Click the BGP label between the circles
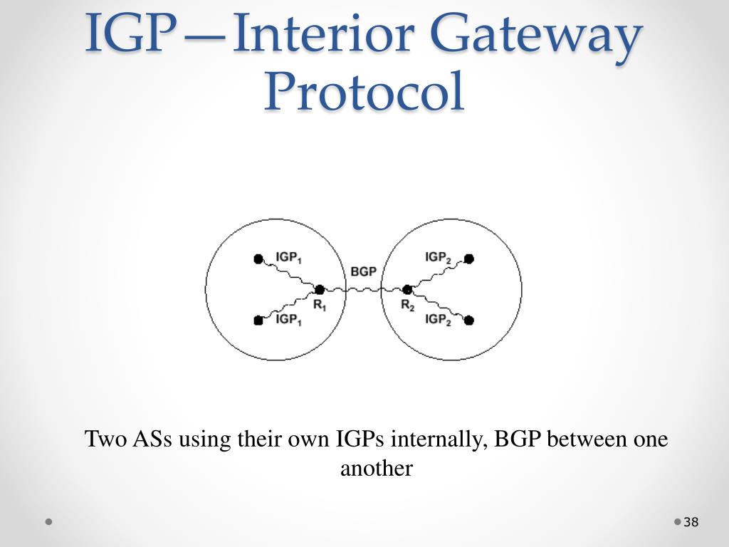[x=363, y=272]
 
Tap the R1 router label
[x=320, y=306]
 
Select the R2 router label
[x=407, y=306]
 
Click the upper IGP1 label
[x=289, y=257]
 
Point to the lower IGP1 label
[x=289, y=319]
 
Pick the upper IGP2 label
[x=438, y=257]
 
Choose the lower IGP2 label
[x=438, y=319]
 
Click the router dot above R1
[x=320, y=289]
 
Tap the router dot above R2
[x=407, y=289]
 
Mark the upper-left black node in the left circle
[x=258, y=259]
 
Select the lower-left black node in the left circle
[x=258, y=321]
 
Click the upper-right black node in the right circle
[x=468, y=259]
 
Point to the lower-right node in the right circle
[x=468, y=321]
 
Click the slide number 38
[x=691, y=523]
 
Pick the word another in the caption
[x=377, y=469]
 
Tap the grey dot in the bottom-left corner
[x=49, y=521]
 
